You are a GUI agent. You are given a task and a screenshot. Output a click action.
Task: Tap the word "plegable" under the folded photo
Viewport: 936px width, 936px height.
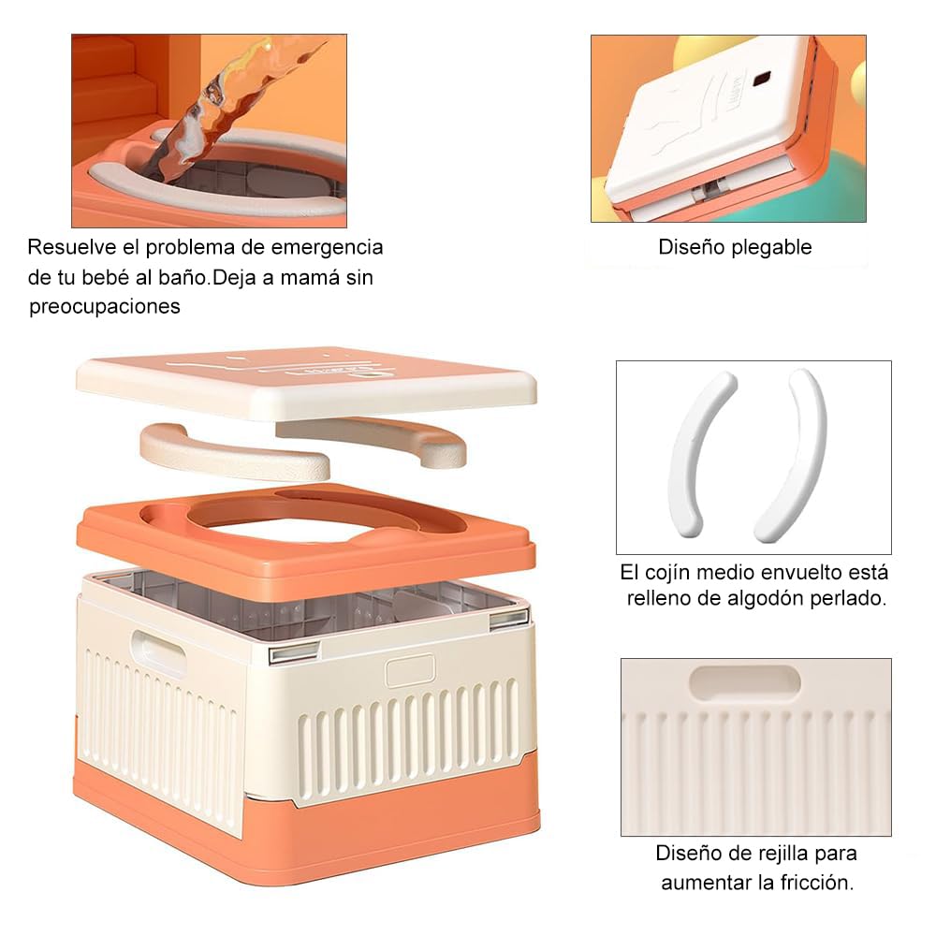pyautogui.click(x=772, y=248)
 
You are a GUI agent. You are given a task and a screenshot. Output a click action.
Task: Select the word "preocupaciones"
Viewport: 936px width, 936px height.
pyautogui.click(x=105, y=307)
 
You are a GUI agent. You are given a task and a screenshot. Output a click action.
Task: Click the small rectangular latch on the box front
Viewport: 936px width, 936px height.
pyautogui.click(x=410, y=671)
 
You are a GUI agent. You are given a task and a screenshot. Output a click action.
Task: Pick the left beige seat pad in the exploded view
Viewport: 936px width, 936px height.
pyautogui.click(x=229, y=451)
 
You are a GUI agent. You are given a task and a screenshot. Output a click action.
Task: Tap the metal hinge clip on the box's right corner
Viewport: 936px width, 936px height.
pyautogui.click(x=508, y=619)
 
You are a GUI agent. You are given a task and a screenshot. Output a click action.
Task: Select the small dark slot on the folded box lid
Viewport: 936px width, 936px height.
pyautogui.click(x=761, y=78)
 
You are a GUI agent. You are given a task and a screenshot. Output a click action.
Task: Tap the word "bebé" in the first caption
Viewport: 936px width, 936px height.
pyautogui.click(x=124, y=278)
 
